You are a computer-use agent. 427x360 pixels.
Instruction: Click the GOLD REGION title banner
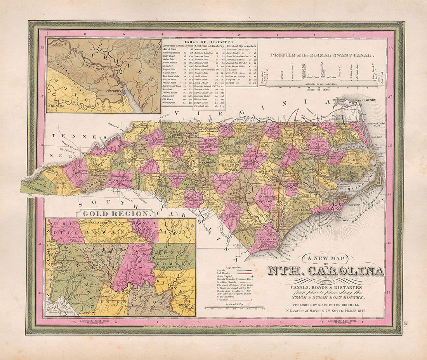pos(116,213)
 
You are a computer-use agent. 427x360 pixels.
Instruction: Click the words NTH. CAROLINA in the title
pos(325,271)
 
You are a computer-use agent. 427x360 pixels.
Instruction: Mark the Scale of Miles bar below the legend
pos(234,308)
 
